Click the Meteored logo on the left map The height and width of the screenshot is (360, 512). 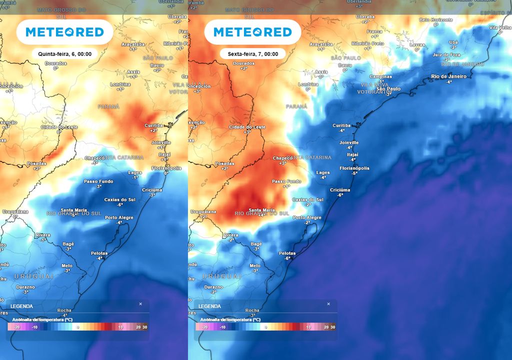(x=64, y=32)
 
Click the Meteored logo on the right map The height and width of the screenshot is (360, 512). (x=252, y=32)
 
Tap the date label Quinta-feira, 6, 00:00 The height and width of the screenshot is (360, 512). (x=64, y=53)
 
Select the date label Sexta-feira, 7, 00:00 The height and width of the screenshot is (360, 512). (x=252, y=53)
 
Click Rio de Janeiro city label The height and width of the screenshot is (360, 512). (x=448, y=76)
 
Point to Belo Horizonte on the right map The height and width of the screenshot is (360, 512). (x=436, y=19)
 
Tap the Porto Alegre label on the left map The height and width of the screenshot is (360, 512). (x=119, y=217)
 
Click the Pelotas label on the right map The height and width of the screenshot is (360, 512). (x=287, y=253)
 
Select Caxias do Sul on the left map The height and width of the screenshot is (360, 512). (x=119, y=199)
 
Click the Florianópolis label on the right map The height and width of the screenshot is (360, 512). (x=354, y=168)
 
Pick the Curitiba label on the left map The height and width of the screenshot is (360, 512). (x=153, y=125)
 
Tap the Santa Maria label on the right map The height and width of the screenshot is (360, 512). (x=261, y=210)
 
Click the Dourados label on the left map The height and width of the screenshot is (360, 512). (x=55, y=63)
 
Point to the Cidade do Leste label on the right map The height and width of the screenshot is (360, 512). (x=247, y=127)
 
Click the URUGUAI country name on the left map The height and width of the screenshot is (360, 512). (x=33, y=276)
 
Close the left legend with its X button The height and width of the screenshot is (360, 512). (x=140, y=303)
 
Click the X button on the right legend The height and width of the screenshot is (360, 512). (x=328, y=303)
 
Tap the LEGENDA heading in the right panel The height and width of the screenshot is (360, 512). (x=209, y=306)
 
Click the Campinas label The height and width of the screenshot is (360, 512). (x=380, y=76)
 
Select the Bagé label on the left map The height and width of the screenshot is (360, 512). (x=68, y=243)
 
